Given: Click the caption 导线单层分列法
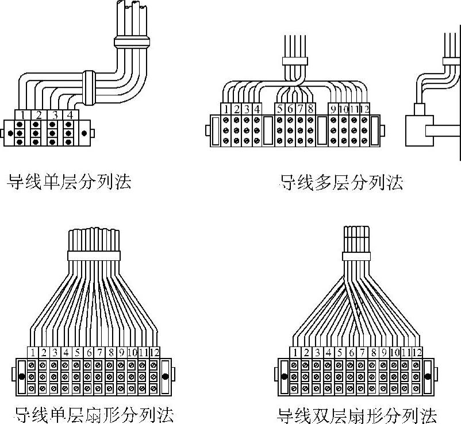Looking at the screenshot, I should pyautogui.click(x=68, y=182).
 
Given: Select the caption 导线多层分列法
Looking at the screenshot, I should pyautogui.click(x=341, y=183).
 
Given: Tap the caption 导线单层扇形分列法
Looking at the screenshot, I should pyautogui.click(x=94, y=414).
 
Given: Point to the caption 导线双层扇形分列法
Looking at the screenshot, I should pyautogui.click(x=357, y=415).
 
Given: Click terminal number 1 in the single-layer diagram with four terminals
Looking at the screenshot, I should pyautogui.click(x=22, y=115).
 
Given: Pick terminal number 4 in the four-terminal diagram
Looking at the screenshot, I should pyautogui.click(x=70, y=115).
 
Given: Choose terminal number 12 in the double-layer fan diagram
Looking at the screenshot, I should pyautogui.click(x=417, y=352).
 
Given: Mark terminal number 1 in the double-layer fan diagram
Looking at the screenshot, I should pyautogui.click(x=295, y=352).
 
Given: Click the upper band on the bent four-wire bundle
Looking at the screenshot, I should pyautogui.click(x=132, y=41).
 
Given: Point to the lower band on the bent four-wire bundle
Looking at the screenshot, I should pyautogui.click(x=89, y=88).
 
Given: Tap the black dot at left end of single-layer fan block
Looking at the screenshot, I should pyautogui.click(x=21, y=376).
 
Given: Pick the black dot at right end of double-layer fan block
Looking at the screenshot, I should pyautogui.click(x=428, y=376).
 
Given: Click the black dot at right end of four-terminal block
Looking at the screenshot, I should pyautogui.click(x=85, y=133).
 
